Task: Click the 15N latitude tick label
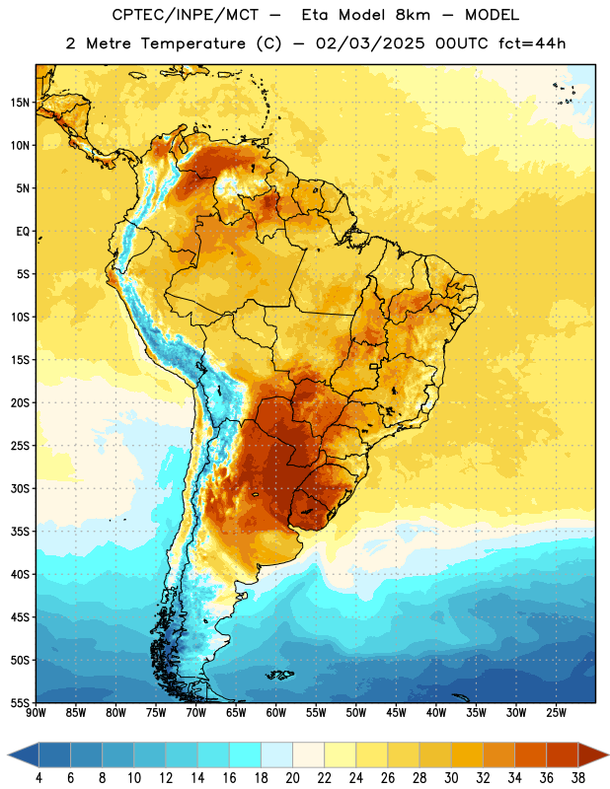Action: [x=20, y=103]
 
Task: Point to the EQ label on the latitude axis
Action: [x=23, y=232]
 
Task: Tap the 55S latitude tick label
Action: [x=20, y=702]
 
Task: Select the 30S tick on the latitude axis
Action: [x=20, y=488]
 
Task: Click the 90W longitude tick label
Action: [x=36, y=712]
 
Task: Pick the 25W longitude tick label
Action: [x=556, y=712]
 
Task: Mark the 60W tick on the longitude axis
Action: [x=276, y=712]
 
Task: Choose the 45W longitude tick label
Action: [x=396, y=712]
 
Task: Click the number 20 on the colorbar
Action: [x=292, y=778]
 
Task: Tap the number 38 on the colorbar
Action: [x=578, y=778]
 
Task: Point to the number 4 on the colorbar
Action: [x=38, y=778]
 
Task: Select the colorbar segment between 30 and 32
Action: [x=467, y=754]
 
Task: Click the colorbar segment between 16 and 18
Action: [x=245, y=754]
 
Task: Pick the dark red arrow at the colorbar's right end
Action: [x=593, y=754]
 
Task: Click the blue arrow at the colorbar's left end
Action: [x=23, y=754]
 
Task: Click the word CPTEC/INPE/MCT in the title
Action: [x=186, y=15]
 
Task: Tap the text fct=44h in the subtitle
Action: [x=532, y=43]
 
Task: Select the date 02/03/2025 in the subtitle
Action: [x=370, y=43]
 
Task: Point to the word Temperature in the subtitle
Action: [x=192, y=43]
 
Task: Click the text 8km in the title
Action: [x=413, y=15]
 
